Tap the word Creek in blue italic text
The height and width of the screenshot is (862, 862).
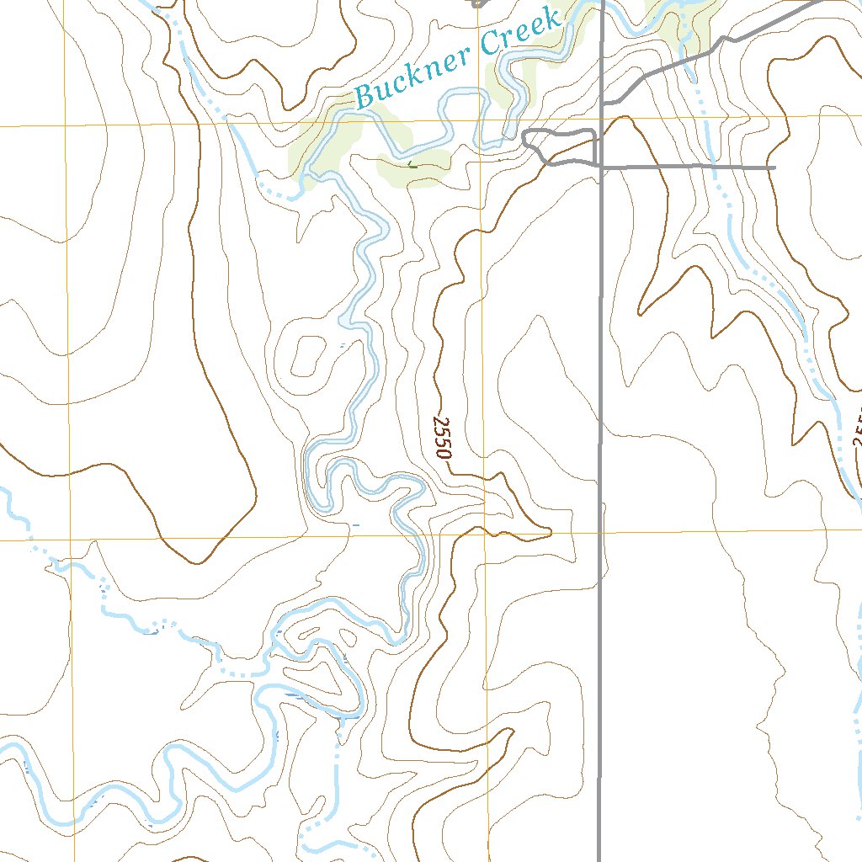[x=521, y=31]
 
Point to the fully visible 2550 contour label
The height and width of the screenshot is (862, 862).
[x=442, y=437]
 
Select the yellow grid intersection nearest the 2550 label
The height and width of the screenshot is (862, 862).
[x=485, y=533]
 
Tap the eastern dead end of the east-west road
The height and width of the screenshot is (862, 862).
[x=774, y=168]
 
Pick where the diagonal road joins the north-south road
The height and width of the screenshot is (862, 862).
[x=604, y=103]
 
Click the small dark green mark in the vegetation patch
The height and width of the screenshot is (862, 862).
[x=412, y=165]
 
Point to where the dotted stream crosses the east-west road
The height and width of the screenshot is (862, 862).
[x=715, y=168]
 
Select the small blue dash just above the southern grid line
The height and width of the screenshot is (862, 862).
[x=356, y=524]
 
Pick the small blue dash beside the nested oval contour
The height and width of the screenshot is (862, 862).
[x=341, y=345]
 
